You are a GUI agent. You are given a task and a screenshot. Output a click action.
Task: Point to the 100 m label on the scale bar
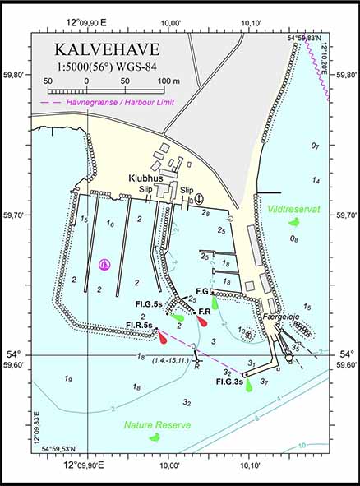168,81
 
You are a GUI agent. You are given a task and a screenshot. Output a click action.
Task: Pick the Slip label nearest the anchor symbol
187,190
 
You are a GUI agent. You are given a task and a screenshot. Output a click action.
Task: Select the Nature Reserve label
157,425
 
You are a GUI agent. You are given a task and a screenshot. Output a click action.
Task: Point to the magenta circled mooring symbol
104,264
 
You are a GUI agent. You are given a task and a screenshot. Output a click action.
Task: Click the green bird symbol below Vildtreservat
293,222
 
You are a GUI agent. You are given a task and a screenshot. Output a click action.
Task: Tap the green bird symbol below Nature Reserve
154,437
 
